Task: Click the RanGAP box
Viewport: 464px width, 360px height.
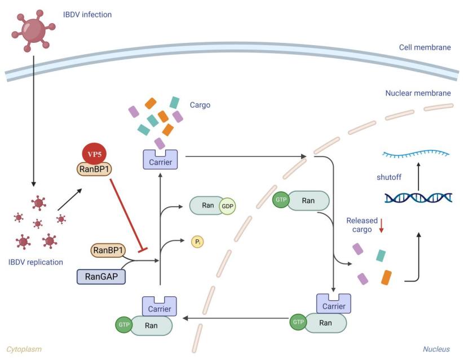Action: [101, 276]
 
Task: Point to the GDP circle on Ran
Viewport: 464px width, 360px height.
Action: [227, 207]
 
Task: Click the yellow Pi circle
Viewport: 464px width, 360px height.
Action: [198, 242]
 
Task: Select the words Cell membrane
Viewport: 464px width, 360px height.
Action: [425, 47]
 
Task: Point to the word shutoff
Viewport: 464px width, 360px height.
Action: [389, 177]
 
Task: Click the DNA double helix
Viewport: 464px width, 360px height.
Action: [418, 197]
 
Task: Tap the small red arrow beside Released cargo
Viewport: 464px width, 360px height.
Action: [381, 226]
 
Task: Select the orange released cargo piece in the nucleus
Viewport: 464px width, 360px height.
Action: [386, 277]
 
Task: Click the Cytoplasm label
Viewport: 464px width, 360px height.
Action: [24, 349]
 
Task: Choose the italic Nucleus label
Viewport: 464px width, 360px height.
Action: [436, 349]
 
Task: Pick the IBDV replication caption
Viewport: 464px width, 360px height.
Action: [36, 262]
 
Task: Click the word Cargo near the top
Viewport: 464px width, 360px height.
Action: [200, 105]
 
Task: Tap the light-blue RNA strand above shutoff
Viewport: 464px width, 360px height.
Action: [416, 153]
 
